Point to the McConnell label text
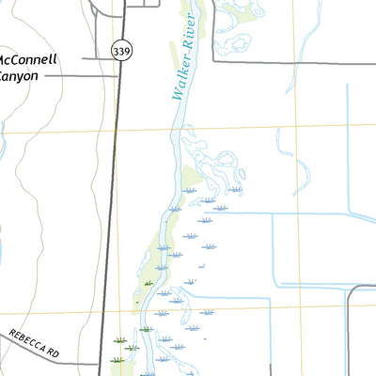click(29, 59)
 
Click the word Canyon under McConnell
click(19, 74)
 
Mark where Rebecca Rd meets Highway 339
click(101, 363)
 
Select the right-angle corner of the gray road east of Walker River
click(214, 62)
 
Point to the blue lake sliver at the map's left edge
click(2, 249)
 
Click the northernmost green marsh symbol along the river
click(149, 283)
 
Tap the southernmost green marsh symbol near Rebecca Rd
click(117, 359)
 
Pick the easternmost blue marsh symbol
click(234, 190)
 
